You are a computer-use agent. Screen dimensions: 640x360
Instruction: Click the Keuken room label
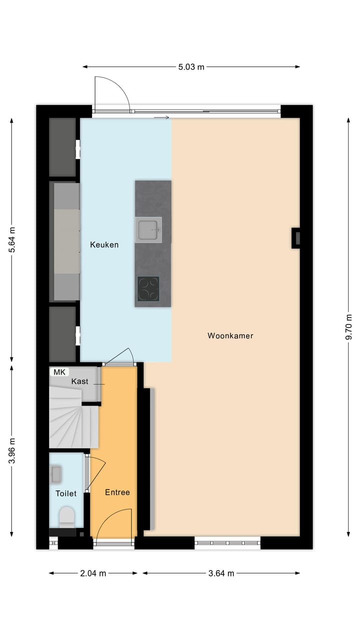104,244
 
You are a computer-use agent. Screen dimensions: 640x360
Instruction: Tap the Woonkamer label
230,335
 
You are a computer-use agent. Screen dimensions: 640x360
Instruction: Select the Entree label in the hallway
117,492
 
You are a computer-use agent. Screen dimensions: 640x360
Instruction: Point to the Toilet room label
66,493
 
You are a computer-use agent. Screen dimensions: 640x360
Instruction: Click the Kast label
79,381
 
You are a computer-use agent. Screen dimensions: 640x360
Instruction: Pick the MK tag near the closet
59,372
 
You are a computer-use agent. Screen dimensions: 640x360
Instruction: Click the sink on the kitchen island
148,230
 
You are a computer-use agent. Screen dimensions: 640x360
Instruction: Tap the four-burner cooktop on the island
148,289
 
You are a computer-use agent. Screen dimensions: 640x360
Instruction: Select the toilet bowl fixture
66,516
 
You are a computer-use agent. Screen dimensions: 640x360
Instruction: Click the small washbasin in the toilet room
56,474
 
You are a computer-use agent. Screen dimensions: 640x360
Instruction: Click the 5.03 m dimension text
191,67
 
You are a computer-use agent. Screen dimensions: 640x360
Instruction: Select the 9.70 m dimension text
348,327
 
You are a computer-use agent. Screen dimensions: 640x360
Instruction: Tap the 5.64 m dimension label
12,240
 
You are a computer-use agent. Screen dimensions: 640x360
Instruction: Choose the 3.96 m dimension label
12,450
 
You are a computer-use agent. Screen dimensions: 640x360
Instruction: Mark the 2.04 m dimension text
93,573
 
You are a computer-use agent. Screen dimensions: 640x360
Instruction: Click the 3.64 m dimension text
221,573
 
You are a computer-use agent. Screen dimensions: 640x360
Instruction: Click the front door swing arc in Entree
114,522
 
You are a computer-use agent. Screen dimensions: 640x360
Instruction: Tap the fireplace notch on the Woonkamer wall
296,238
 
